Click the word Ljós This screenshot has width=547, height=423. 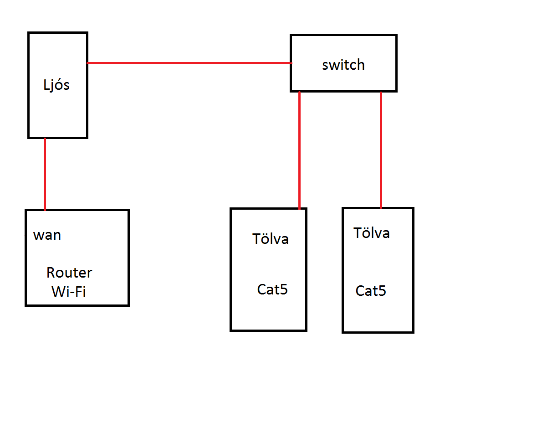[x=56, y=85]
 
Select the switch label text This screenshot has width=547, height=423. [x=343, y=65]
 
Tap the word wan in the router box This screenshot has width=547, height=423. [x=47, y=235]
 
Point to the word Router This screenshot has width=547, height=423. [x=69, y=273]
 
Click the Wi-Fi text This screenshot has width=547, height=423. [x=69, y=291]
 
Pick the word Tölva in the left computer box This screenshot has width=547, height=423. [x=271, y=238]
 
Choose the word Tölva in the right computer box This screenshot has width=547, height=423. [x=372, y=233]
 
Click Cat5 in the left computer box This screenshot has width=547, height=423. [x=272, y=289]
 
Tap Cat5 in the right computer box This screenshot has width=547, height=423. [x=371, y=291]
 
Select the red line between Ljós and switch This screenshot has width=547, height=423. [x=189, y=63]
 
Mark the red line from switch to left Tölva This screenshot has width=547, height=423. [x=299, y=150]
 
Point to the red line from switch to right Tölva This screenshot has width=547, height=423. [x=381, y=150]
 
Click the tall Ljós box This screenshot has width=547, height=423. [x=57, y=114]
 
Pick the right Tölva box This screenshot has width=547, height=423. [x=378, y=315]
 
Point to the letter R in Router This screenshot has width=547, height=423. [x=51, y=273]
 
